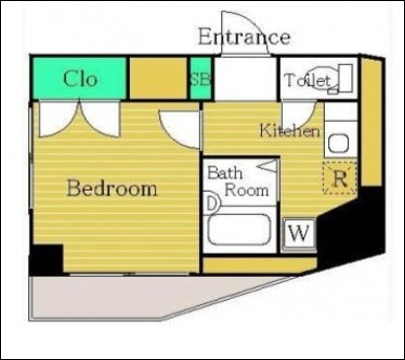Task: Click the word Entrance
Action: (x=244, y=37)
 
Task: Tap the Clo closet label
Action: (x=80, y=79)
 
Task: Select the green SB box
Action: (x=201, y=79)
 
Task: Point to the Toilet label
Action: (x=307, y=80)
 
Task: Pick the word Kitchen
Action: (x=290, y=130)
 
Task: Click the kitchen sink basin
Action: (x=339, y=143)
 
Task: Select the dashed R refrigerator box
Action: (x=340, y=178)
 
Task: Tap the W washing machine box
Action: (x=299, y=233)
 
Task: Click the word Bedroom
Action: (x=112, y=188)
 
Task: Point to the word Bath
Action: (x=225, y=173)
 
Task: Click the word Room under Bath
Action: (x=247, y=190)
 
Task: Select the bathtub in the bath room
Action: (x=239, y=230)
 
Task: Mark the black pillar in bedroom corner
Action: (x=46, y=260)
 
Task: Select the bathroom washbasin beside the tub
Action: (x=211, y=203)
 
